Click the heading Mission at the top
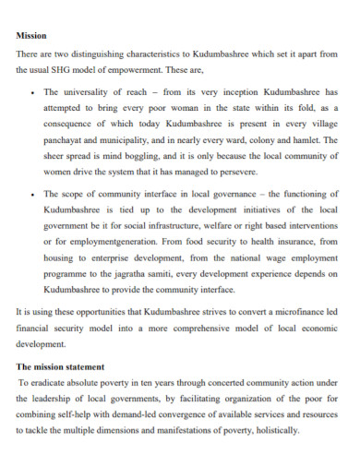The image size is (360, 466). [32, 36]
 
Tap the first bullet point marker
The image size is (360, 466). [33, 93]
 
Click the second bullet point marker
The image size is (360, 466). [33, 195]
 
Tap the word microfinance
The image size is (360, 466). [286, 312]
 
